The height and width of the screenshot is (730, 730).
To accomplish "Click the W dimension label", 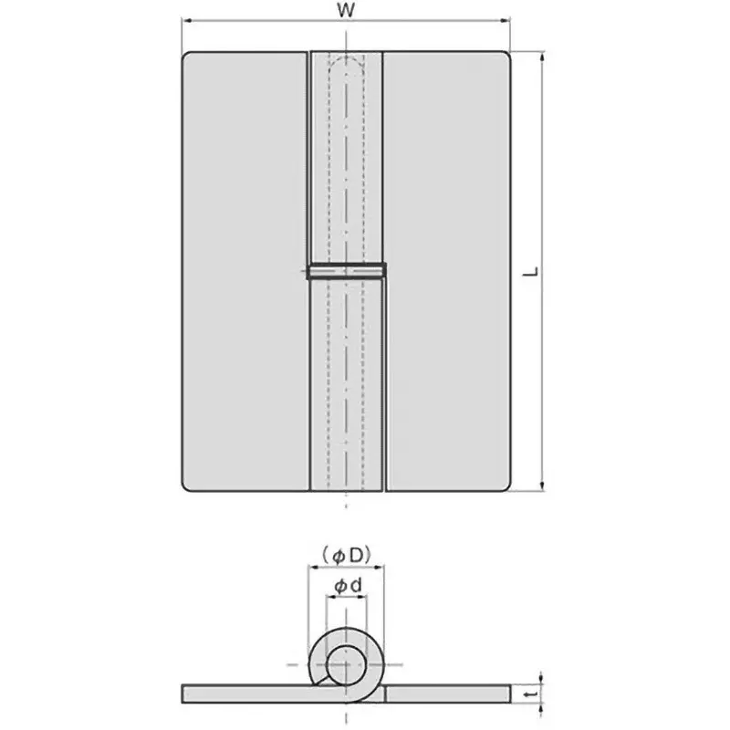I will point(346,11).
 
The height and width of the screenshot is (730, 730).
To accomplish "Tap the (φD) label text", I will point(346,553).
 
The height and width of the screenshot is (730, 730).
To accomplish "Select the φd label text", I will point(346,587).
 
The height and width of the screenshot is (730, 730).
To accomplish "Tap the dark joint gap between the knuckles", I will point(347,270).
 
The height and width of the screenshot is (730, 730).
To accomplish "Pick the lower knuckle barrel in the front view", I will point(347,383).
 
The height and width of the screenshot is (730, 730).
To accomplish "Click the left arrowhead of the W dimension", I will point(186,22).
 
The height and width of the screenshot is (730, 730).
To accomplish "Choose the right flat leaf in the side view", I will point(447,693).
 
